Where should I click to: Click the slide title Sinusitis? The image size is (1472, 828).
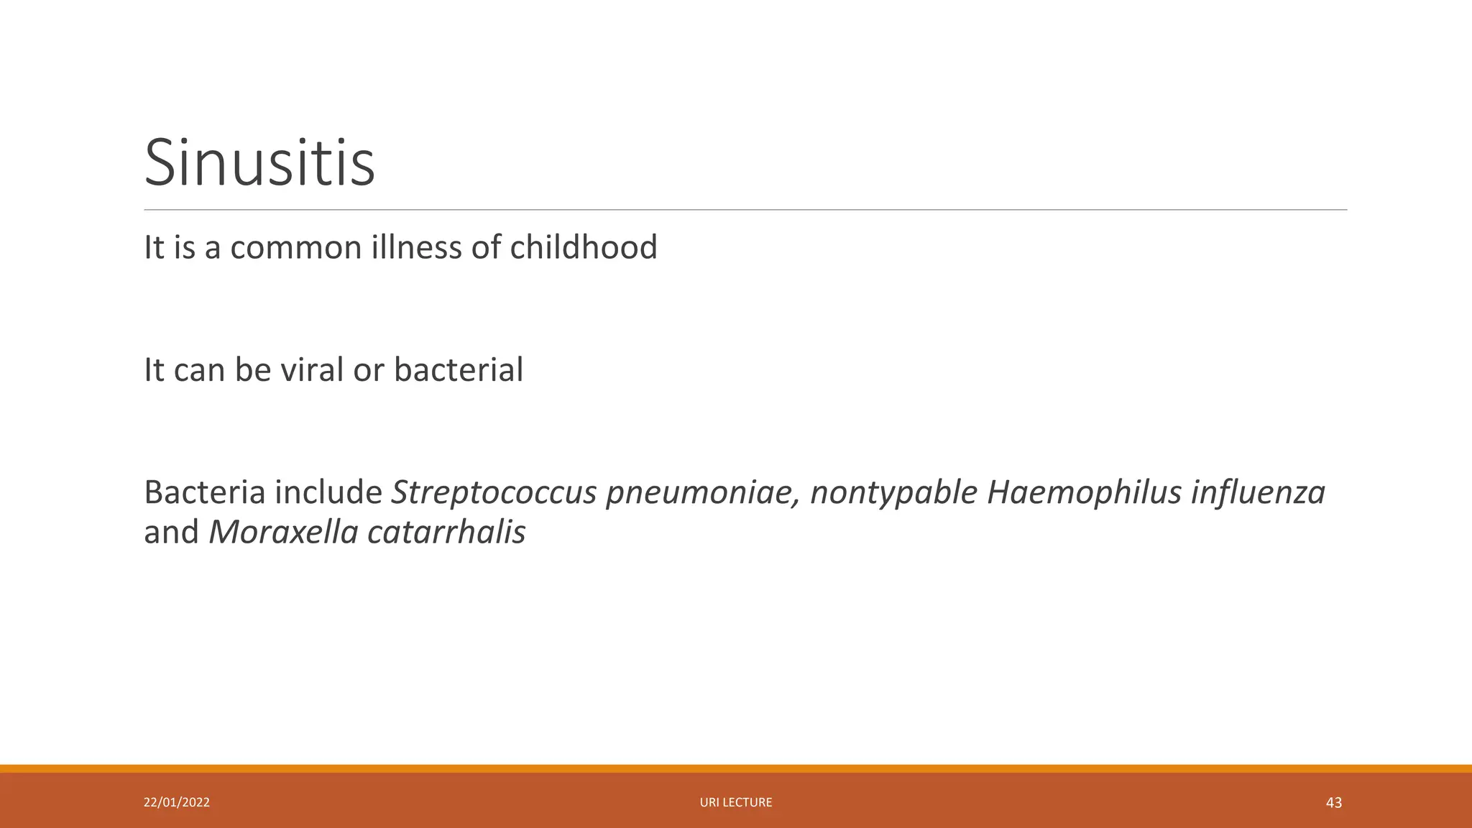tap(259, 163)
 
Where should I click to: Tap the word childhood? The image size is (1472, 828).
tap(583, 247)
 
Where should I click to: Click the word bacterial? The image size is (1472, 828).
tap(459, 370)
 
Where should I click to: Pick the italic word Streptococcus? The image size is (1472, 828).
tap(493, 493)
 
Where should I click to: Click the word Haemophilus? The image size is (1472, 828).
tap(1084, 493)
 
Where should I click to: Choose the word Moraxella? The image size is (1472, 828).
tap(283, 533)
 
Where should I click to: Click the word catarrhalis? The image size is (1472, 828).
tap(446, 533)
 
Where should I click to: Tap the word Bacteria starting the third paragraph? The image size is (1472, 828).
tap(204, 493)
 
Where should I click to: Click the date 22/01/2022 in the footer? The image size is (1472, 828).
tap(177, 802)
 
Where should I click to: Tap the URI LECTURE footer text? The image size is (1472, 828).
tap(736, 802)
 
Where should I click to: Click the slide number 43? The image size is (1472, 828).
tap(1333, 803)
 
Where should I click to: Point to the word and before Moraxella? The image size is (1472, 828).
tap(171, 533)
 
